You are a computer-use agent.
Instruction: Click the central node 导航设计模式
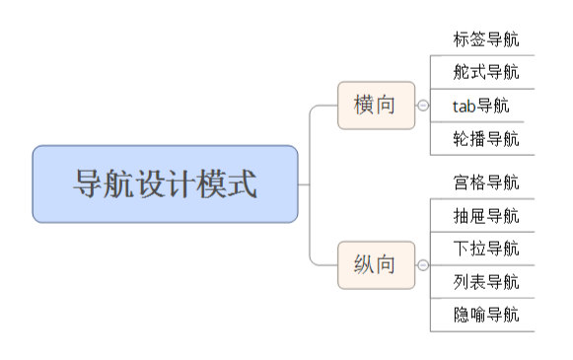(165, 183)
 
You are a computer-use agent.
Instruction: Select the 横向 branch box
(376, 105)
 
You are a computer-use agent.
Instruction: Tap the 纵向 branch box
(376, 264)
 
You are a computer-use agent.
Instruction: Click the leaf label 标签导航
(485, 40)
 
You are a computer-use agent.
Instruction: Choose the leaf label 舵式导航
(485, 72)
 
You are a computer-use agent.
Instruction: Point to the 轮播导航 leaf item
(485, 138)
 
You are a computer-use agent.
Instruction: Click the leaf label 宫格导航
(485, 182)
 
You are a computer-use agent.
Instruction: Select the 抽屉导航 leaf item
(485, 216)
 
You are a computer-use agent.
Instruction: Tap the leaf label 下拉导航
(485, 249)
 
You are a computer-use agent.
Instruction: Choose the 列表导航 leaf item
(485, 282)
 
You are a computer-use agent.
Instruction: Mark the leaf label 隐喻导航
(485, 315)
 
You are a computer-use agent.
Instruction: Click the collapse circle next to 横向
(423, 106)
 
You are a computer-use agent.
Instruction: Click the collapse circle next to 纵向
(423, 265)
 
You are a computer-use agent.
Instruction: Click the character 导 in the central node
(90, 184)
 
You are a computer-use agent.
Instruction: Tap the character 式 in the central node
(241, 184)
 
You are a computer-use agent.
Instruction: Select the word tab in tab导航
(464, 106)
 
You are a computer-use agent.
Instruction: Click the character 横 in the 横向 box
(364, 105)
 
